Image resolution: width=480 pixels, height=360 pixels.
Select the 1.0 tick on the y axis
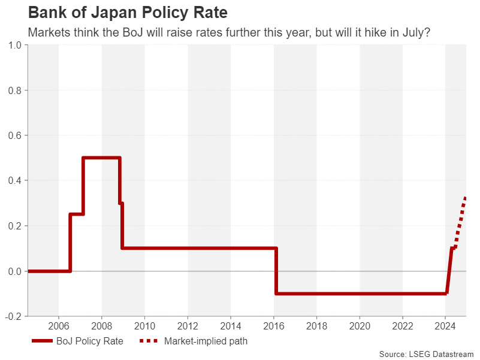pos(14,45)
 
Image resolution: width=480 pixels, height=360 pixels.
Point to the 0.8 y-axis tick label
pos(14,90)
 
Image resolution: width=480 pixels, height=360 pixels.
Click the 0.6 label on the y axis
pos(14,135)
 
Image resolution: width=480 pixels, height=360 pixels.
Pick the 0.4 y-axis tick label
pos(14,180)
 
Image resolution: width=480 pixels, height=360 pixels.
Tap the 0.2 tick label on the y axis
pos(14,226)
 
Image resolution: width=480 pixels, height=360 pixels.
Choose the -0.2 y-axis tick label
pos(13,316)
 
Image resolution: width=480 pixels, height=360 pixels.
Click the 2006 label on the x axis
pos(59,327)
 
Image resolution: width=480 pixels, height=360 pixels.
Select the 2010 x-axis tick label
pos(144,327)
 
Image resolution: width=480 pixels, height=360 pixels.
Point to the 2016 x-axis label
pos(274,327)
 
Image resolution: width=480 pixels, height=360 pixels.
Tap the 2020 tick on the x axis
pos(360,327)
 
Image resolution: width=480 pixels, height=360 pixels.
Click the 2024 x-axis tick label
pos(446,327)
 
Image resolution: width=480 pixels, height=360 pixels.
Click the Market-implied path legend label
pos(205,341)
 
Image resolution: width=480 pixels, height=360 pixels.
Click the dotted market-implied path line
pos(460,222)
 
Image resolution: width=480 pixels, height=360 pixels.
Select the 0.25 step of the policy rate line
pos(77,214)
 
